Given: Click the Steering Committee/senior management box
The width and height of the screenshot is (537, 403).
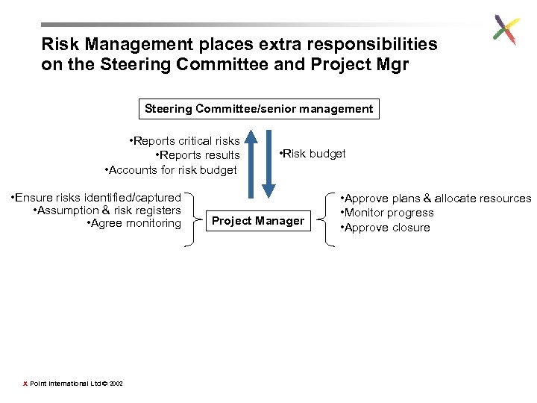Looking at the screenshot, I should click(259, 109).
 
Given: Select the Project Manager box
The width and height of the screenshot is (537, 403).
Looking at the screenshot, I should click(258, 220).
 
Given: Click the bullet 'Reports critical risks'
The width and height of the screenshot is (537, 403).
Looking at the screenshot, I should click(184, 140).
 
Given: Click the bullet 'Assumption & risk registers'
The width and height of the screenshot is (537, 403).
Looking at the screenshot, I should click(107, 210).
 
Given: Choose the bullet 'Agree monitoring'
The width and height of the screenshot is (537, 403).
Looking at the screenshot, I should click(134, 223).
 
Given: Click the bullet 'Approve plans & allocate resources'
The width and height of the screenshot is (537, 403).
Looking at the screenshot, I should click(436, 199).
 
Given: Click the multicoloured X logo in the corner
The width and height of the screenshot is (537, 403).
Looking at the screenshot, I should click(506, 30).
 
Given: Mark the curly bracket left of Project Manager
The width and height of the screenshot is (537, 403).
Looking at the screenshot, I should click(194, 219).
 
